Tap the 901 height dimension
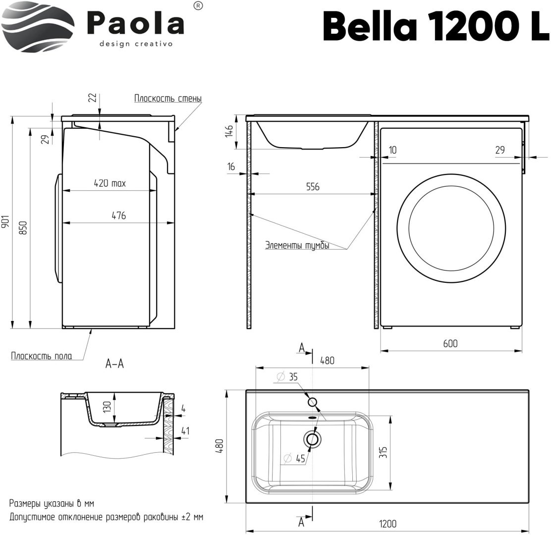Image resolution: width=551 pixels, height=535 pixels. pos(6,221)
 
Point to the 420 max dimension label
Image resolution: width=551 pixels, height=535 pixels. pos(110,183)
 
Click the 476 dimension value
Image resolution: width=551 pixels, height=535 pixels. pos(118,215)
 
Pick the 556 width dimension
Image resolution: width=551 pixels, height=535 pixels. pos(312,187)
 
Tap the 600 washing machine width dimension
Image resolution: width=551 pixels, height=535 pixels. pos(450,343)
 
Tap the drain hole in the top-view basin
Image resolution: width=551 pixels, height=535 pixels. pos(312,438)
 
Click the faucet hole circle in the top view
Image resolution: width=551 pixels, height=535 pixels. pos(313,402)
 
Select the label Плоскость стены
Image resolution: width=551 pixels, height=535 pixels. pos(167,98)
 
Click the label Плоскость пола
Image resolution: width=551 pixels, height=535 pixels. pos(42,355)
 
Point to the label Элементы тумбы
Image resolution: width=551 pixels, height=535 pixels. pos(297,245)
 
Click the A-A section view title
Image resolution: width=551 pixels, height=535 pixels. pos(114,364)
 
